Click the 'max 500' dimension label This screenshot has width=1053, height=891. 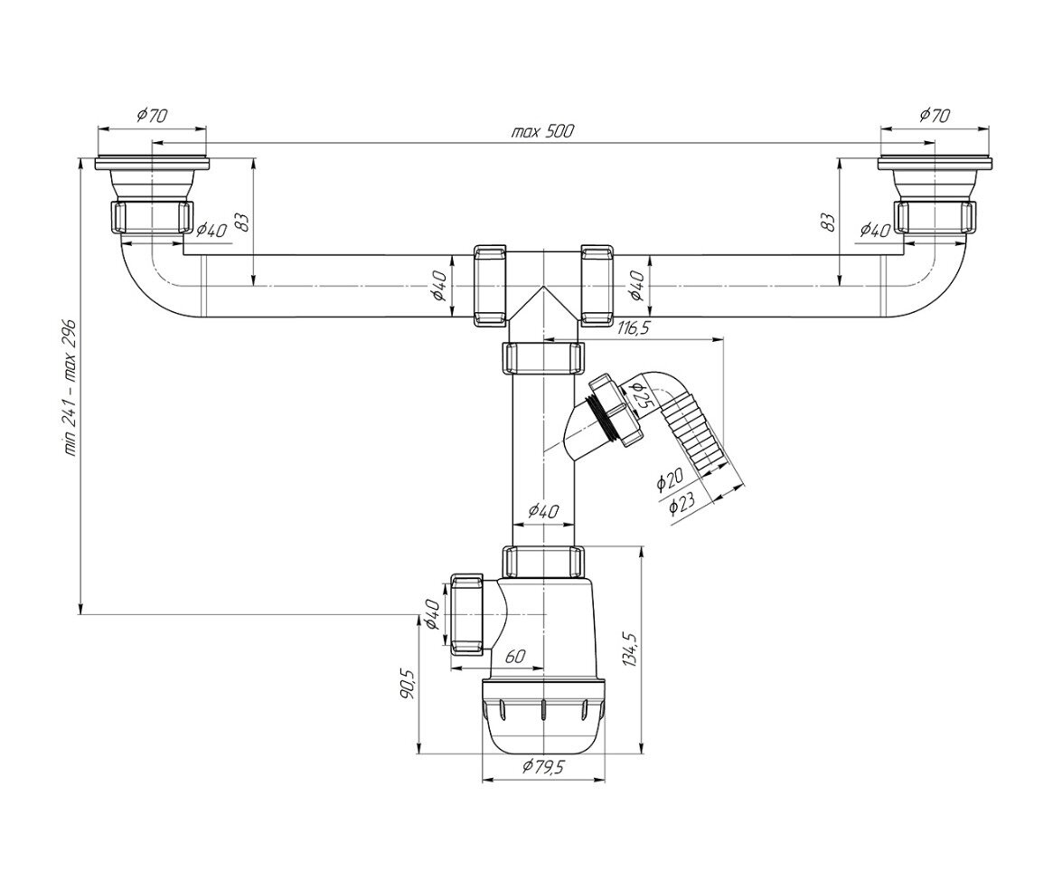coord(542,131)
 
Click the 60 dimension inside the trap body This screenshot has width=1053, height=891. coord(515,657)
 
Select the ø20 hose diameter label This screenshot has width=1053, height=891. coord(670,479)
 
